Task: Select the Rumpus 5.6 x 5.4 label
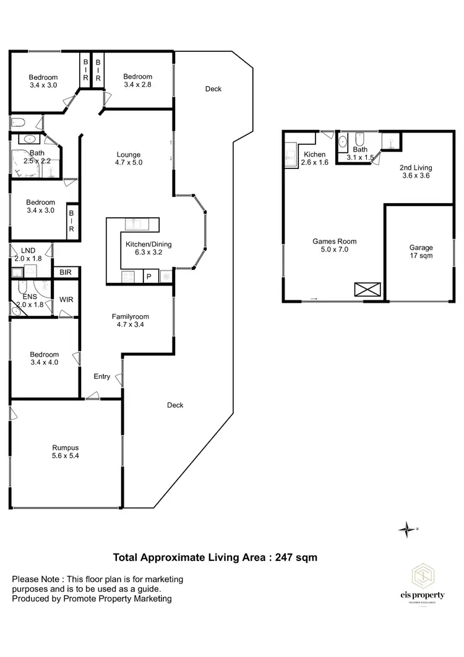(66, 451)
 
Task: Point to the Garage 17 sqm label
(421, 251)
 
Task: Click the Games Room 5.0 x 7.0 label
(334, 246)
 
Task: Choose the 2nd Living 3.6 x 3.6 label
(415, 172)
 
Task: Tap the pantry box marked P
(148, 277)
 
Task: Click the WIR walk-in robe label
(66, 300)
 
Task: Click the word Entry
(102, 376)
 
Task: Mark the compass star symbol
(407, 528)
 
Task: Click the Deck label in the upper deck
(213, 89)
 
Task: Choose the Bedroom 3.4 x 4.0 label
(44, 359)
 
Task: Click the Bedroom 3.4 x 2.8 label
(137, 81)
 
